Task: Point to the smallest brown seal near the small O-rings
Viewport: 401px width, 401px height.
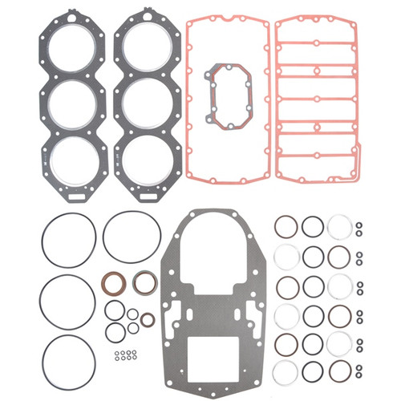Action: [147, 320]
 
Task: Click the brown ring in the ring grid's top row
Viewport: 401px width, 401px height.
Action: [286, 227]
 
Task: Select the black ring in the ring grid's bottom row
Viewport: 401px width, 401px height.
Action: [313, 371]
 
